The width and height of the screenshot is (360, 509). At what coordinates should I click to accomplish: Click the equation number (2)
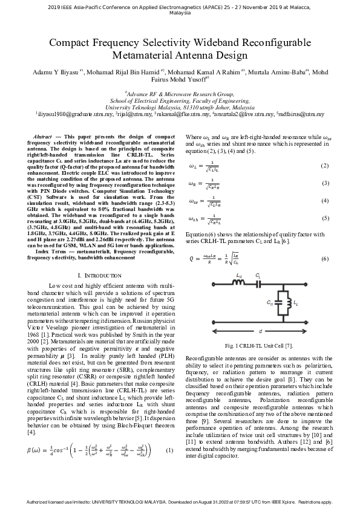(324, 166)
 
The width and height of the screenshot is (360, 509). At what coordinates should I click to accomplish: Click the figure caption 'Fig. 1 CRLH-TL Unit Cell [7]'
(258, 345)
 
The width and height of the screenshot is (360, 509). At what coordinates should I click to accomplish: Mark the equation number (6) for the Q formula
(324, 259)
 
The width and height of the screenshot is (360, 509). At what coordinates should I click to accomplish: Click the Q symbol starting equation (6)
(191, 259)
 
